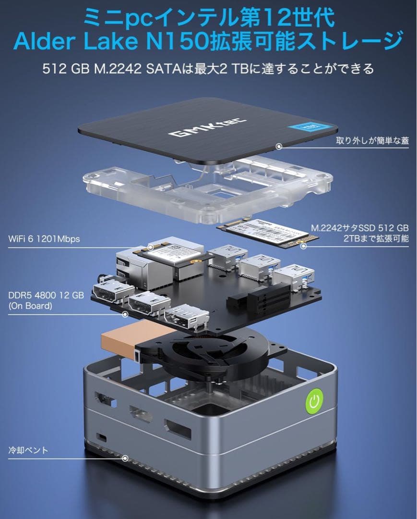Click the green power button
(x=314, y=401)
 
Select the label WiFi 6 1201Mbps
(x=44, y=239)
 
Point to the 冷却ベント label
(x=28, y=450)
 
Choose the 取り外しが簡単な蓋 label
(x=372, y=141)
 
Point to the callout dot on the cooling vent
(x=126, y=459)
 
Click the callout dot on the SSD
(x=303, y=246)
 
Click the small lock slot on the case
(x=102, y=437)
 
